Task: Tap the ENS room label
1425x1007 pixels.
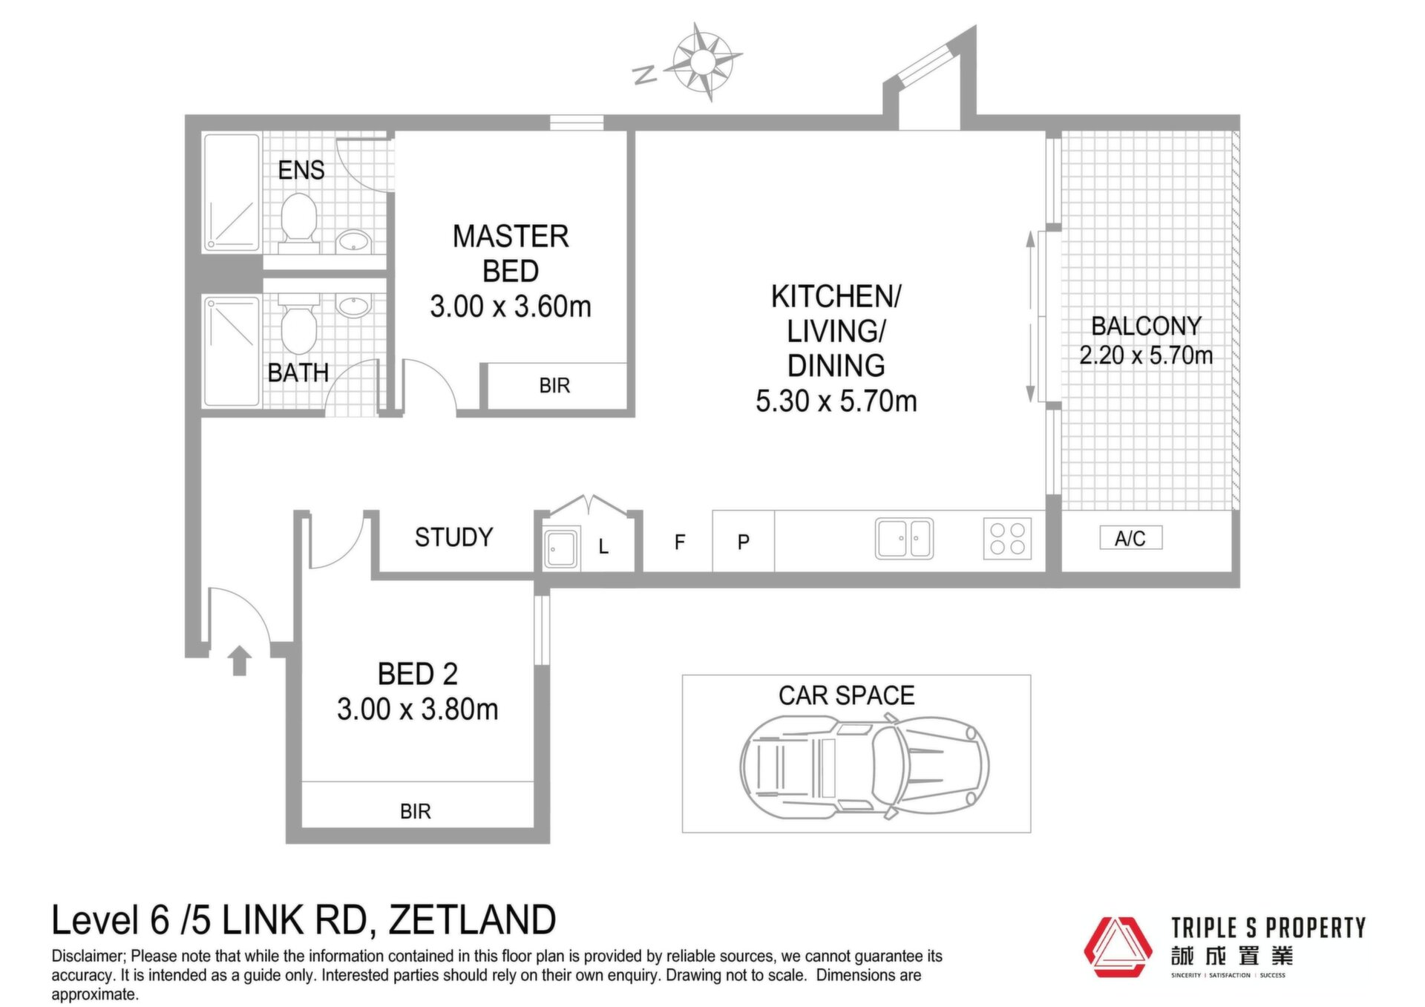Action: click(301, 171)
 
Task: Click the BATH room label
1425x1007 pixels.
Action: click(298, 373)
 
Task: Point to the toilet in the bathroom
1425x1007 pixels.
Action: click(299, 325)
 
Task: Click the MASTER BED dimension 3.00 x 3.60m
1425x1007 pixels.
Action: click(511, 306)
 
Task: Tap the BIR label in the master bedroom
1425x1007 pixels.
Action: click(554, 386)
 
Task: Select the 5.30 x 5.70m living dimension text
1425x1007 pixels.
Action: click(836, 401)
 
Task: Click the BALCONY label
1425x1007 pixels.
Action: click(1146, 326)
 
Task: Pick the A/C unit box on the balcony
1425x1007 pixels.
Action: click(1131, 538)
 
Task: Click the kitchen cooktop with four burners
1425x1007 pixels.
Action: click(1007, 538)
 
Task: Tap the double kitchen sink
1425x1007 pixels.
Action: click(904, 538)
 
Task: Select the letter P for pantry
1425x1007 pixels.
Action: click(744, 542)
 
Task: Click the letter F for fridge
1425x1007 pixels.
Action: click(680, 542)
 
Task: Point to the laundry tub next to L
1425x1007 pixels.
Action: click(562, 548)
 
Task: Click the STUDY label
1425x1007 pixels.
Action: click(453, 537)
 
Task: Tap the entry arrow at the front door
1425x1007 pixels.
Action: click(239, 660)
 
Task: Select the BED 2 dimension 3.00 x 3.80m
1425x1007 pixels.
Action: click(417, 709)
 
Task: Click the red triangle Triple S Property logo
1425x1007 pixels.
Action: click(1118, 948)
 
